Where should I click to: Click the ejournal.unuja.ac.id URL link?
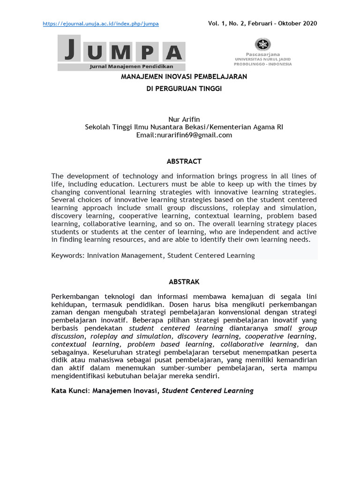click(101, 23)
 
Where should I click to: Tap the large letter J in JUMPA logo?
click(69, 51)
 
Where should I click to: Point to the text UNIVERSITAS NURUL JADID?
click(262, 59)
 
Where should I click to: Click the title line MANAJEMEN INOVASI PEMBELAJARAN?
click(184, 76)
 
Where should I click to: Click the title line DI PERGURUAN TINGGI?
click(184, 88)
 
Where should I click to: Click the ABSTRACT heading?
click(184, 161)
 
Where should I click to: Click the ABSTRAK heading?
click(184, 282)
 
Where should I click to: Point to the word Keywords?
click(67, 255)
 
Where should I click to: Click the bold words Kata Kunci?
click(70, 390)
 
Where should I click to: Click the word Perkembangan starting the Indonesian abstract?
click(75, 297)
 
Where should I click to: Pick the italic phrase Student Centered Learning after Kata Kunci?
click(208, 390)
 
